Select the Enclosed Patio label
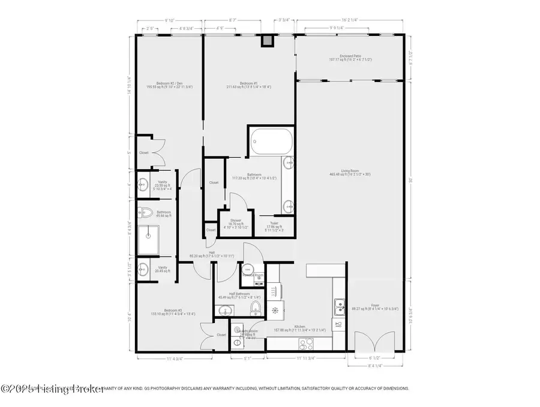[349, 58]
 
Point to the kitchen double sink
[338, 305]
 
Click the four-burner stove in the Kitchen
[305, 343]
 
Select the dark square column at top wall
[267, 41]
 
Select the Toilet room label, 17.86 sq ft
[274, 225]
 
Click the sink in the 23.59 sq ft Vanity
[144, 184]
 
